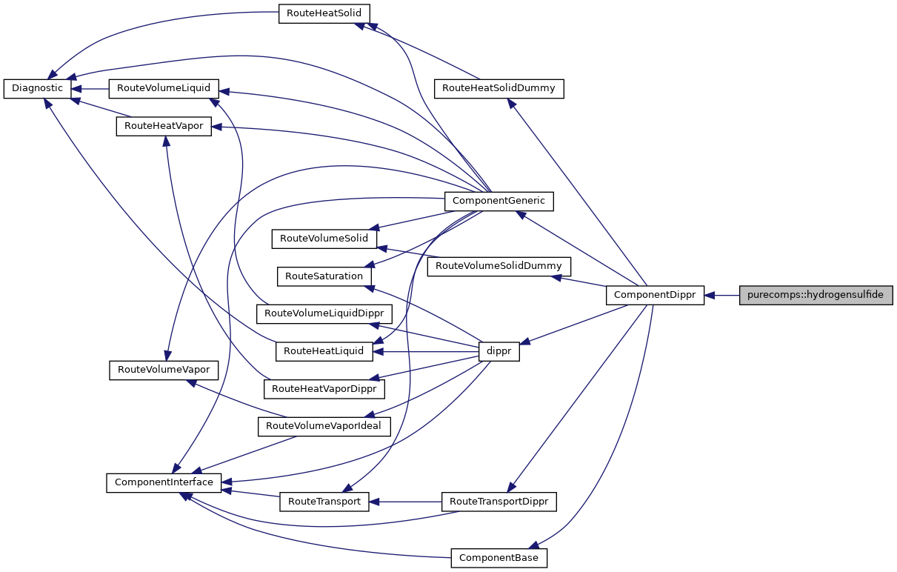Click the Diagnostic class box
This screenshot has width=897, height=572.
tap(38, 88)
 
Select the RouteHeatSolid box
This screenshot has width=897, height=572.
tap(324, 13)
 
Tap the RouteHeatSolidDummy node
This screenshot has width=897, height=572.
tap(498, 88)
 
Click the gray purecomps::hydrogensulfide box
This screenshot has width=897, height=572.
tap(816, 295)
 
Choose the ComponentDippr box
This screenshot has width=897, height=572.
tap(655, 295)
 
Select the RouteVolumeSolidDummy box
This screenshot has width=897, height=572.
tap(498, 265)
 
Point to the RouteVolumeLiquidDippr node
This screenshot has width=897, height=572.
tap(323, 313)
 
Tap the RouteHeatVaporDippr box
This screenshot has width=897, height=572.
tap(324, 388)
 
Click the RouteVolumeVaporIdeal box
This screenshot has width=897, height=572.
tap(323, 426)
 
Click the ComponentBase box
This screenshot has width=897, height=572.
tap(498, 557)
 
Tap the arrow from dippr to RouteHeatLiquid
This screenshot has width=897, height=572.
tap(425, 351)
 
